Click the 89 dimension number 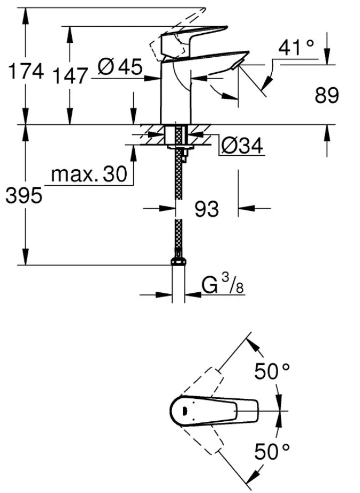tap(327, 96)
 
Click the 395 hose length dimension tap(23, 196)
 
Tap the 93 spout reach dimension tap(206, 209)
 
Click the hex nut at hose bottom tap(178, 262)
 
